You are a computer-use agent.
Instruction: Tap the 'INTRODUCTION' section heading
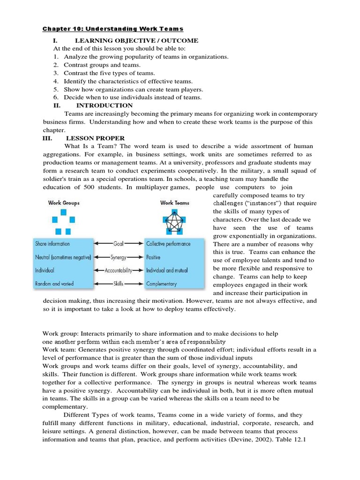[105, 105]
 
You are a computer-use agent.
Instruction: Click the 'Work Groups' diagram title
[64, 203]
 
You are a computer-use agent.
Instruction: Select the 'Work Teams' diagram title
[174, 203]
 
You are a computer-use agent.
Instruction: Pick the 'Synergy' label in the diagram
[119, 257]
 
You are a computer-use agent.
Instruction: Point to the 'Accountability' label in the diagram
[119, 270]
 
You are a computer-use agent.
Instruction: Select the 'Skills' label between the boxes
[119, 284]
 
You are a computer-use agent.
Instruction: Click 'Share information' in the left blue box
[52, 244]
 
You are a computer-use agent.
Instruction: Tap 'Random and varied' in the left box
[54, 284]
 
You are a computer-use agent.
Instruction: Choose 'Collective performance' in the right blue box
[168, 244]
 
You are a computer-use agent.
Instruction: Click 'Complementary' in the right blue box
[161, 284]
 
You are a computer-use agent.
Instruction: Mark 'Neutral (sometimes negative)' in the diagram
[63, 257]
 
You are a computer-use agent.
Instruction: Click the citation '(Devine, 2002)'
[254, 440]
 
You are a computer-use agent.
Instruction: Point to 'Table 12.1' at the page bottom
[300, 440]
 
